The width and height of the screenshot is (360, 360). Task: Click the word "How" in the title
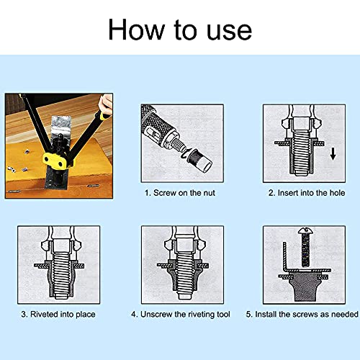coord(136,29)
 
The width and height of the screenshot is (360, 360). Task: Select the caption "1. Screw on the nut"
coord(179,193)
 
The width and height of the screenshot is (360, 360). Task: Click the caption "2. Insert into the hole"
coord(307,193)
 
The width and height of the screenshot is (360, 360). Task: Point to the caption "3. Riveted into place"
coord(58,314)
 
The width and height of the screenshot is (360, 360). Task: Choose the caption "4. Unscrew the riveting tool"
coord(181,314)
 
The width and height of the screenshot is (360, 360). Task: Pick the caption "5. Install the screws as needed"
coord(302,314)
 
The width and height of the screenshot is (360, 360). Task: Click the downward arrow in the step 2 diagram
coord(333,154)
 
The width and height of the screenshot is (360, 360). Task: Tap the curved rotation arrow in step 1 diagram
coord(186,153)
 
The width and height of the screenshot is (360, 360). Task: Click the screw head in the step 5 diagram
coord(305,230)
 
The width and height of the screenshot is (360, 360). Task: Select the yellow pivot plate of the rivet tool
coord(55,161)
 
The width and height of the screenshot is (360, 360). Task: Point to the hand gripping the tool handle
coord(106,104)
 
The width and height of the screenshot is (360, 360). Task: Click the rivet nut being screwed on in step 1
coord(199,160)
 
